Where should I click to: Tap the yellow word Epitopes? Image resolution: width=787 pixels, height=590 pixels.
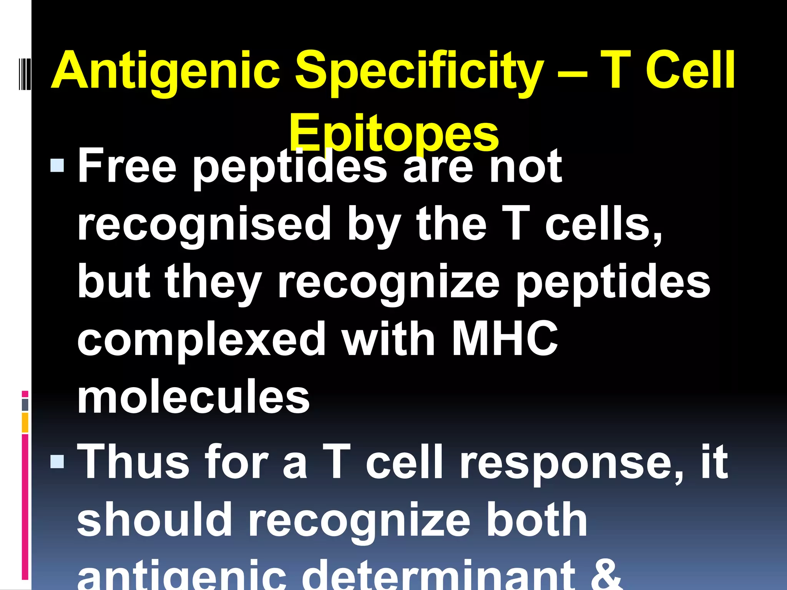(x=393, y=133)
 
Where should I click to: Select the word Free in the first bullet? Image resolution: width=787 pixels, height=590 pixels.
(x=127, y=166)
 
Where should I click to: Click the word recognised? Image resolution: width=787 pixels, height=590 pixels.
(x=204, y=225)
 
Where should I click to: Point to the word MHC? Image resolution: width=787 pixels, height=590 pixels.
(x=505, y=338)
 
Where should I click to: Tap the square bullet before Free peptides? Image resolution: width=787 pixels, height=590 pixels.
(x=57, y=166)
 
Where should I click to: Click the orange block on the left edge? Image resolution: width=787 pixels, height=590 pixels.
(x=25, y=423)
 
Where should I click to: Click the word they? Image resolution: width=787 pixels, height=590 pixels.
(x=214, y=282)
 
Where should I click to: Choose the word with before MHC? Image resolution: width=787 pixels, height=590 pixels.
(x=389, y=338)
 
